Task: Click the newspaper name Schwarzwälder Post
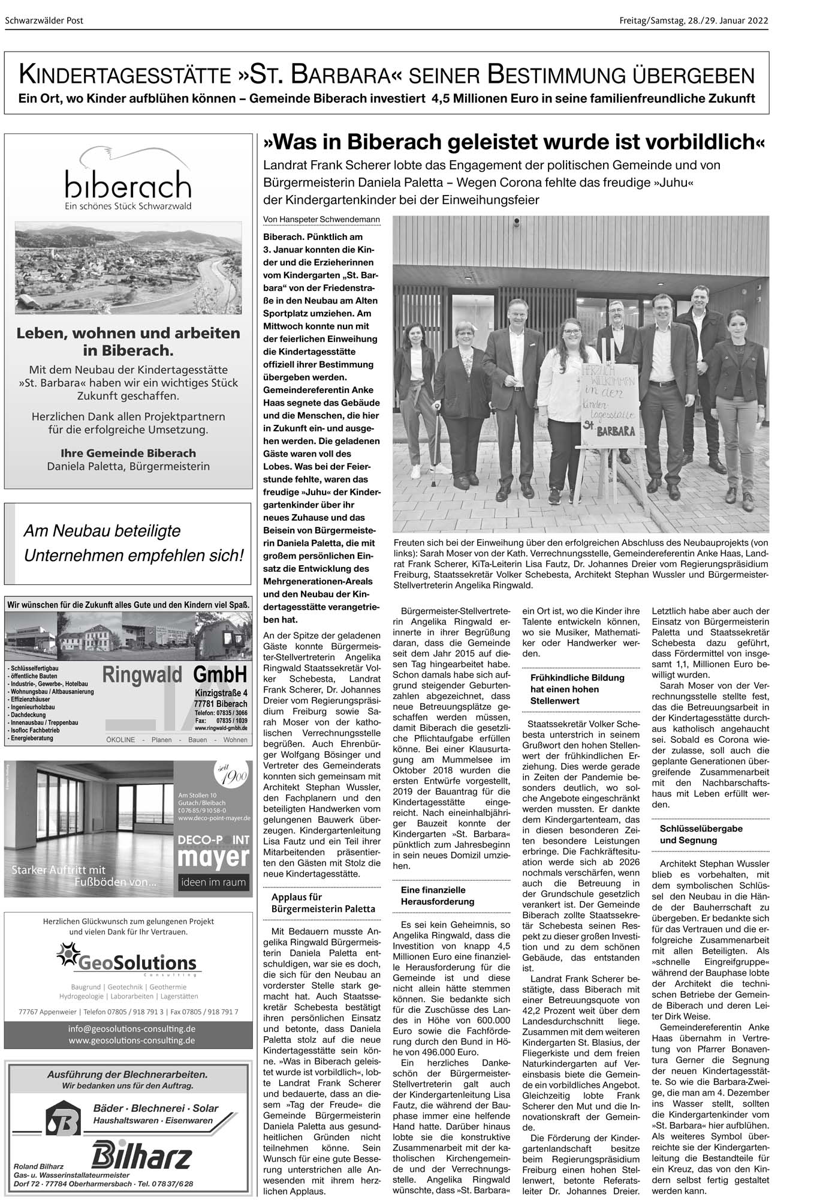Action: point(44,21)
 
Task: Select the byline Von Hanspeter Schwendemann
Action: point(322,220)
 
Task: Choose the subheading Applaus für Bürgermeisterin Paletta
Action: point(323,903)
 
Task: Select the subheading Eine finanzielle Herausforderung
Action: point(438,896)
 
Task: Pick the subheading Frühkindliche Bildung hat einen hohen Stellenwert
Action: point(569,689)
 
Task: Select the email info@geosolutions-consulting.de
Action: point(132,1028)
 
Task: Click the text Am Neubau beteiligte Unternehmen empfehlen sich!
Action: point(133,543)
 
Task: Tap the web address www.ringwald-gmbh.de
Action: point(221,728)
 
